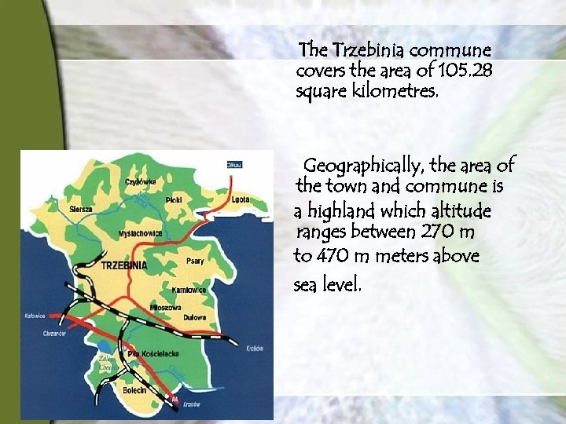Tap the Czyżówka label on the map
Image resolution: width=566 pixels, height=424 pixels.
pyautogui.click(x=140, y=182)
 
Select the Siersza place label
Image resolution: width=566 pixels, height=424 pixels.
pyautogui.click(x=81, y=210)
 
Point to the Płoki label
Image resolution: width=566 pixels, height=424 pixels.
pyautogui.click(x=174, y=200)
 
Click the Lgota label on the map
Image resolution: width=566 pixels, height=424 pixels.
pyautogui.click(x=241, y=199)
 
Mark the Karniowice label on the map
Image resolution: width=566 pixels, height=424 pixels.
pyautogui.click(x=189, y=291)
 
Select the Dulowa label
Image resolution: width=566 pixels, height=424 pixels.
pyautogui.click(x=195, y=317)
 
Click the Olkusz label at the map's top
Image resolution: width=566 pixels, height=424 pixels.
pyautogui.click(x=234, y=165)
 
